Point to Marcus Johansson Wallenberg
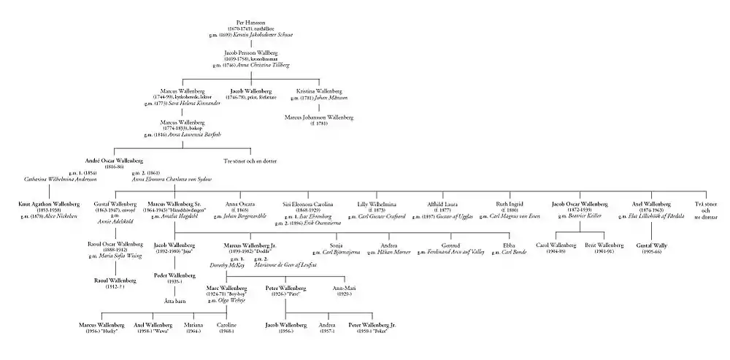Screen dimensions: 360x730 click(x=320, y=117)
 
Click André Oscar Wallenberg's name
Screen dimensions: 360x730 click(x=115, y=160)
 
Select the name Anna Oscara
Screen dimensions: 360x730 click(x=239, y=204)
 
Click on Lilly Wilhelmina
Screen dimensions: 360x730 click(x=372, y=204)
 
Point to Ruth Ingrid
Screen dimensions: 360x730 click(x=508, y=204)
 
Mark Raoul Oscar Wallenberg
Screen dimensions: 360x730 click(x=115, y=244)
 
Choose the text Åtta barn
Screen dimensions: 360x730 click(x=174, y=300)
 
